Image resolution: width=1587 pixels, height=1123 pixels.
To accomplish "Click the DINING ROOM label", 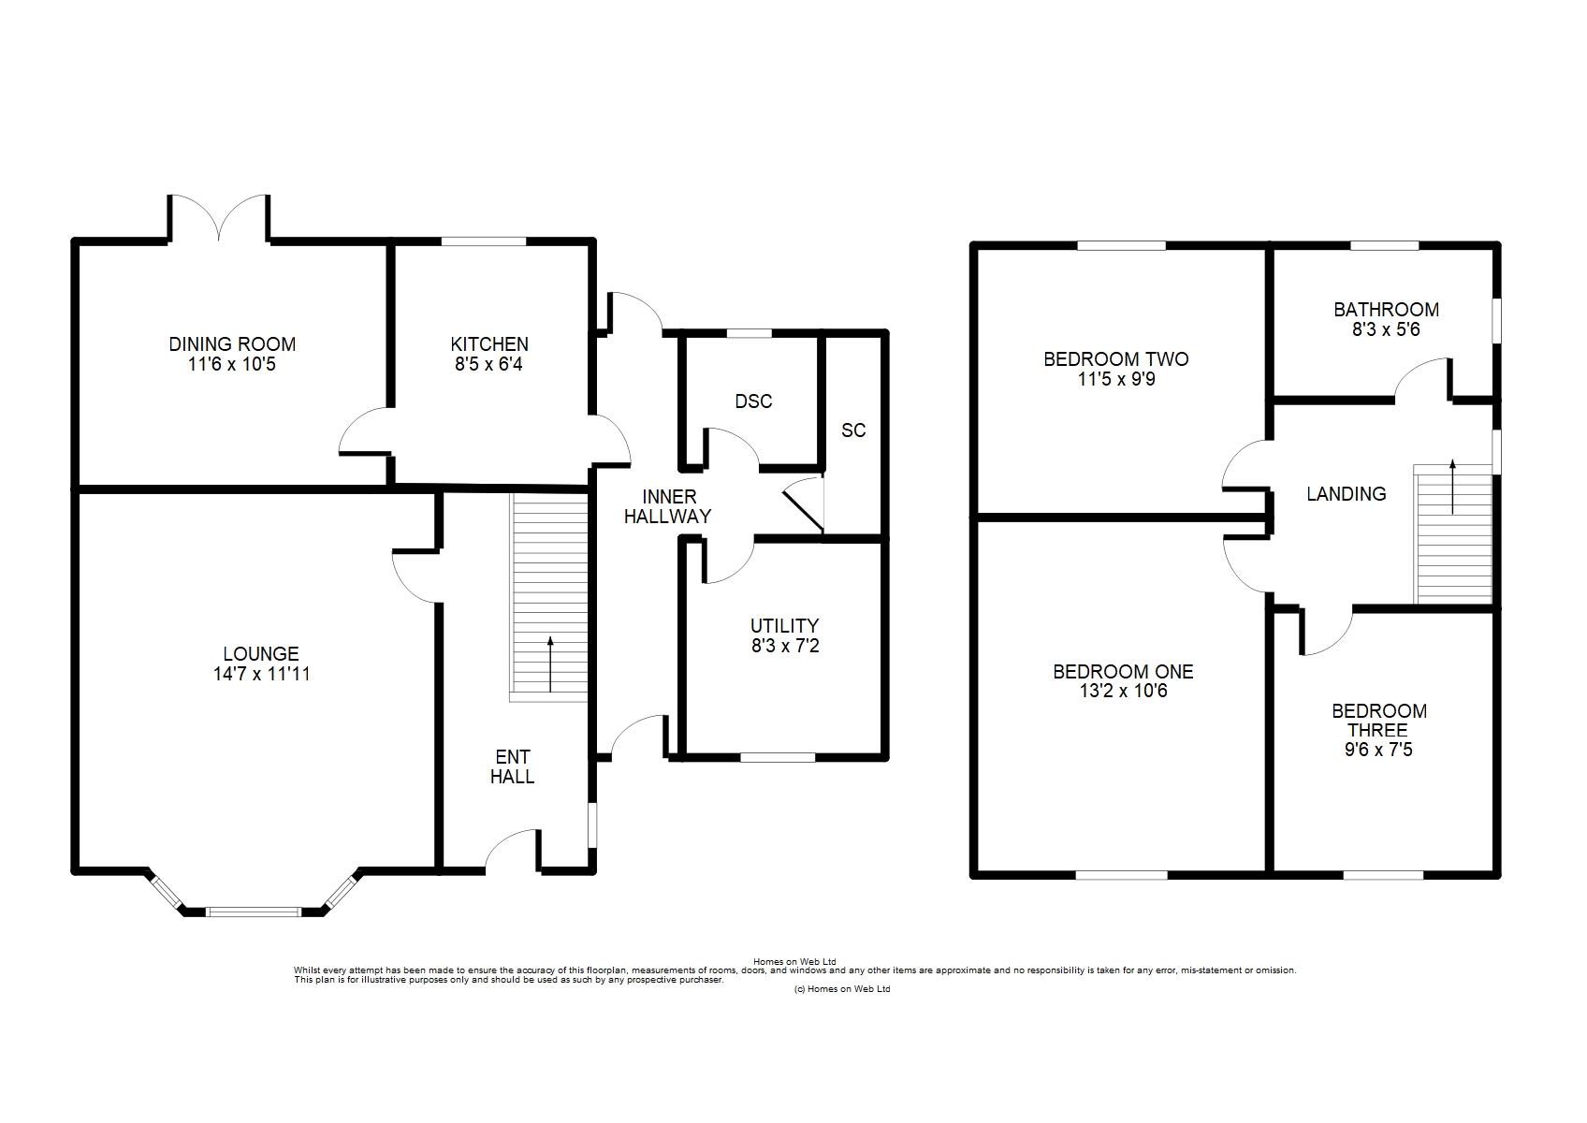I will pyautogui.click(x=232, y=344).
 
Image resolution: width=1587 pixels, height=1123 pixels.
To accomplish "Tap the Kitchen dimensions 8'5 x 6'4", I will pyautogui.click(x=488, y=364).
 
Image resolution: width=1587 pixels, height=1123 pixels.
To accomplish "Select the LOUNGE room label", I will pyautogui.click(x=261, y=653).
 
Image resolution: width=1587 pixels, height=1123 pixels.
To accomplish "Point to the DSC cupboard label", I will pyautogui.click(x=753, y=401).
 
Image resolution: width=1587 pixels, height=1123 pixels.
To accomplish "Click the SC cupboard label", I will pyautogui.click(x=853, y=430).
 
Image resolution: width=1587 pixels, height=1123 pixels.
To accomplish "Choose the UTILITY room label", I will pyautogui.click(x=784, y=625).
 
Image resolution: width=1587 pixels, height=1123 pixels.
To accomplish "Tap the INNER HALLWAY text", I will pyautogui.click(x=667, y=506).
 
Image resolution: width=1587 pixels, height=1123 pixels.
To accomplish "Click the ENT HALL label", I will pyautogui.click(x=512, y=766).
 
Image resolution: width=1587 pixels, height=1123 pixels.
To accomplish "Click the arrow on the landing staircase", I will pyautogui.click(x=1452, y=486).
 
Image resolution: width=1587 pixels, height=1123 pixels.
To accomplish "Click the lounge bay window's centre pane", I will pyautogui.click(x=253, y=911).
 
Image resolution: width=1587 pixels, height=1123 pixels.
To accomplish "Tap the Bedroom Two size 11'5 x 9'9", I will pyautogui.click(x=1115, y=379).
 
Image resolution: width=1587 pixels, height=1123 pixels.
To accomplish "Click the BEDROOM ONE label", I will pyautogui.click(x=1123, y=671).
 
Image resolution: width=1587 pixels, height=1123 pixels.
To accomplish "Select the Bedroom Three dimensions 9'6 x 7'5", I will pyautogui.click(x=1379, y=750).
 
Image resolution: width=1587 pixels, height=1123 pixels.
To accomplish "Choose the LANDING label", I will pyautogui.click(x=1346, y=494).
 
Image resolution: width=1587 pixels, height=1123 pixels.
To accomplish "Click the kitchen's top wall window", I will pyautogui.click(x=484, y=241).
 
